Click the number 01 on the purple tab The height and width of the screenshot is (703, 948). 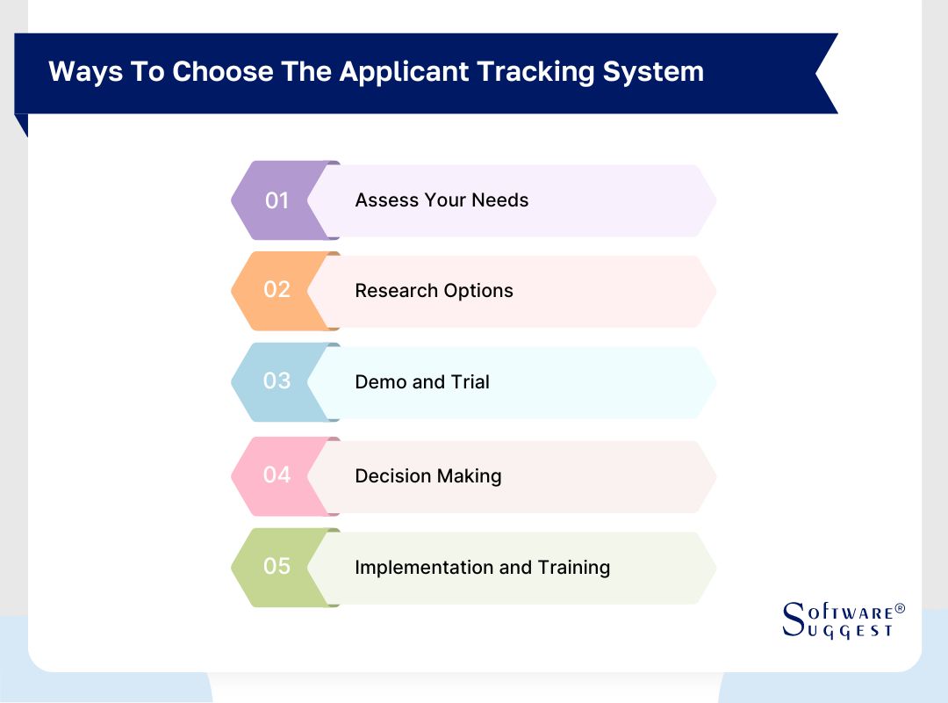coord(276,200)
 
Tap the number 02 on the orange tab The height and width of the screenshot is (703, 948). coord(276,289)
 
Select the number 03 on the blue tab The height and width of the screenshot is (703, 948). coord(276,380)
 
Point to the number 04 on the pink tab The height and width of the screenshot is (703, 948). coord(276,475)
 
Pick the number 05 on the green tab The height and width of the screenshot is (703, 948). coord(276,566)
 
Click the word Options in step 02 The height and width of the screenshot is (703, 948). coord(478,291)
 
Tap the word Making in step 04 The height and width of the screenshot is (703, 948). coord(469,476)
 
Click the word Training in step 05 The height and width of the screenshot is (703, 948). coord(574,568)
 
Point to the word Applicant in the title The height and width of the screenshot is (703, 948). coord(403,72)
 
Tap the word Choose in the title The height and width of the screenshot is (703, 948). coord(222,71)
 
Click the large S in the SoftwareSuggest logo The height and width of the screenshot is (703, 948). coord(794,619)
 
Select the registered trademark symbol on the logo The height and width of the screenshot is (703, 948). coord(901,609)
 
